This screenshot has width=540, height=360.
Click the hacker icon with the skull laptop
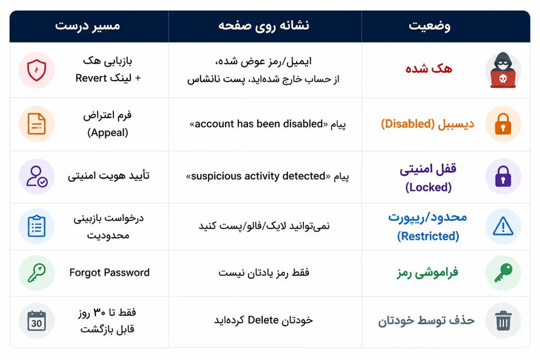[503, 70]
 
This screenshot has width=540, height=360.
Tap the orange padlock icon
[503, 124]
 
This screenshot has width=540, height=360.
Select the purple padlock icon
[503, 176]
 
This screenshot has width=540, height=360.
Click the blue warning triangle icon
[503, 226]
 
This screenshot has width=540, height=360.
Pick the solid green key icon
[503, 273]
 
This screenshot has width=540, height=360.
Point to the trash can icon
[503, 320]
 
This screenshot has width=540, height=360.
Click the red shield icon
[36, 70]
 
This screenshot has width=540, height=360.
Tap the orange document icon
[36, 124]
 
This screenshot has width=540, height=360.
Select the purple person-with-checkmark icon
[37, 177]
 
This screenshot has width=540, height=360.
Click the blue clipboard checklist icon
[36, 226]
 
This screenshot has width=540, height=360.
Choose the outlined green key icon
[36, 273]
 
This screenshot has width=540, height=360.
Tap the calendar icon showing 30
[36, 320]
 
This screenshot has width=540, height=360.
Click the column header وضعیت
[429, 26]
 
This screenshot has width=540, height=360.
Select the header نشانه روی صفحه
[264, 26]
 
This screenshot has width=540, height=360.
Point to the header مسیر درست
[88, 26]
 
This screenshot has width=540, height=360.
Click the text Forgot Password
[110, 273]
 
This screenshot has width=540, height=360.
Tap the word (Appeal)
[108, 132]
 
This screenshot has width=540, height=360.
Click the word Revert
[91, 78]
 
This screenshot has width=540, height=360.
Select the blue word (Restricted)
[428, 236]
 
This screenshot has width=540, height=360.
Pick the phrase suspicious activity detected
[258, 176]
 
